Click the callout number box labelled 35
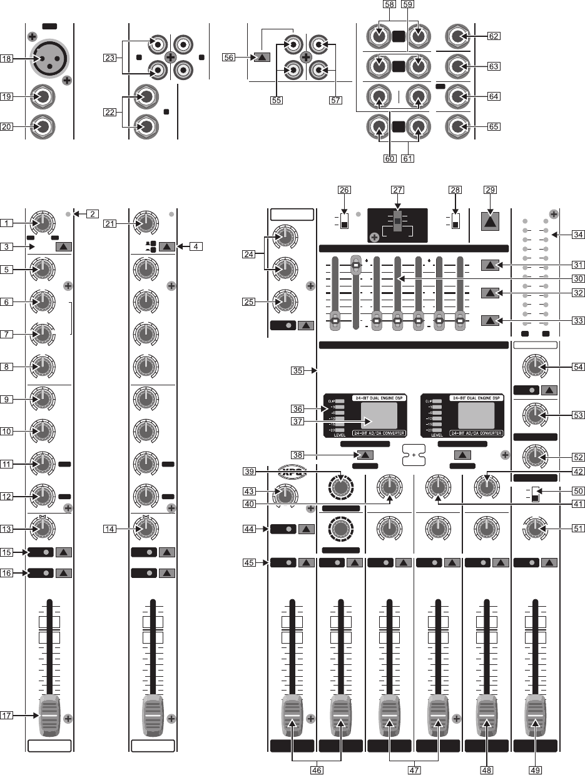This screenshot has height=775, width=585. point(299,370)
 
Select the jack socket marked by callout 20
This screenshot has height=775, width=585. point(44,127)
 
